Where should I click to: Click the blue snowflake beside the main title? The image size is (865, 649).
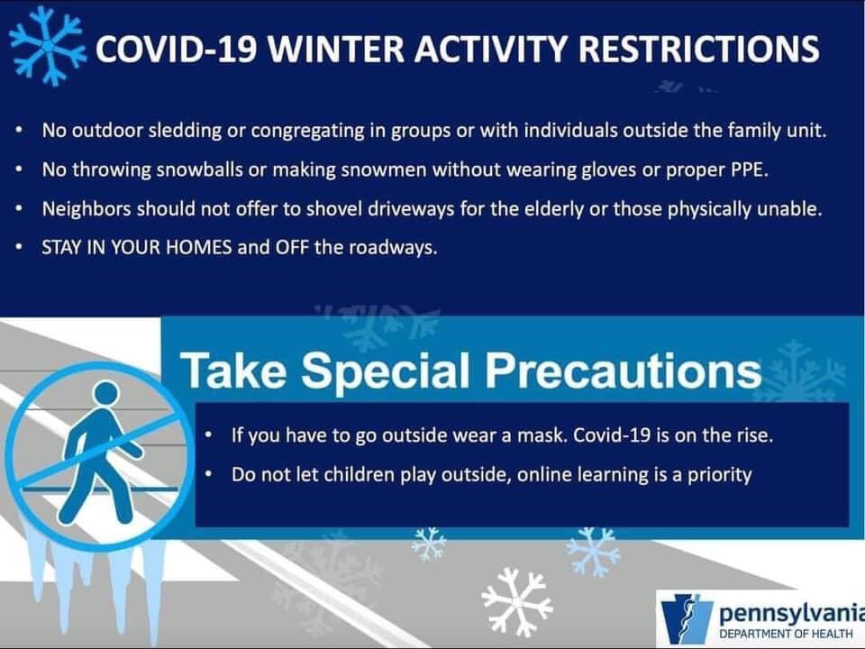[x=48, y=46]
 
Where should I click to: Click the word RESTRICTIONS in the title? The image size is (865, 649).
[x=699, y=49]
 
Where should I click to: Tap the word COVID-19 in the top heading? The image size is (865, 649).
[x=176, y=49]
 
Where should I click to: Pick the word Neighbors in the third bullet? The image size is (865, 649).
[x=86, y=209]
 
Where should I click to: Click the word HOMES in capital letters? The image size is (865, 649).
[x=198, y=247]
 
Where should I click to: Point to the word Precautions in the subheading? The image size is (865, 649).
[x=624, y=370]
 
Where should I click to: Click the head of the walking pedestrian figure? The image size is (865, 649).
[x=106, y=394]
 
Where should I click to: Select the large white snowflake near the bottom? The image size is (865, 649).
[x=516, y=601]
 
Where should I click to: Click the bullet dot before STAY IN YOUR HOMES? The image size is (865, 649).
[x=20, y=247]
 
